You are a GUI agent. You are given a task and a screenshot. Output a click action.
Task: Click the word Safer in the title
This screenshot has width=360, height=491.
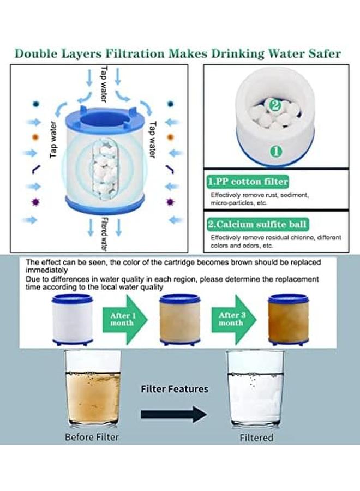tap(322, 53)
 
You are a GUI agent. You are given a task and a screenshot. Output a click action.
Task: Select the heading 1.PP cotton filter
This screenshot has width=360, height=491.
tap(247, 181)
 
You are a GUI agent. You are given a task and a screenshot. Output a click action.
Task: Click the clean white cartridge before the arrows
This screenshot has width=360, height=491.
tap(73, 321)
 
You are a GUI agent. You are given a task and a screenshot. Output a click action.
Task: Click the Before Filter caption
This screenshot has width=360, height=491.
tap(92, 437)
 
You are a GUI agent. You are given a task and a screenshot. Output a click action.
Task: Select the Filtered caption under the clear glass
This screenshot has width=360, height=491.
tap(256, 438)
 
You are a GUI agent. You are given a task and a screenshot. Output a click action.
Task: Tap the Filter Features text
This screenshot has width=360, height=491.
tap(175, 389)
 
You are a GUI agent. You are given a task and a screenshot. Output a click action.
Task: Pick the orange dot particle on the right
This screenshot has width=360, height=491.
tap(170, 137)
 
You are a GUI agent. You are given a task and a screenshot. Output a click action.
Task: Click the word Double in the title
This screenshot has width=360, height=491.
tap(39, 53)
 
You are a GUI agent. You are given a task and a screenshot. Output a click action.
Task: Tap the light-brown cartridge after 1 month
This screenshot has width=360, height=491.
tap(179, 321)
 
